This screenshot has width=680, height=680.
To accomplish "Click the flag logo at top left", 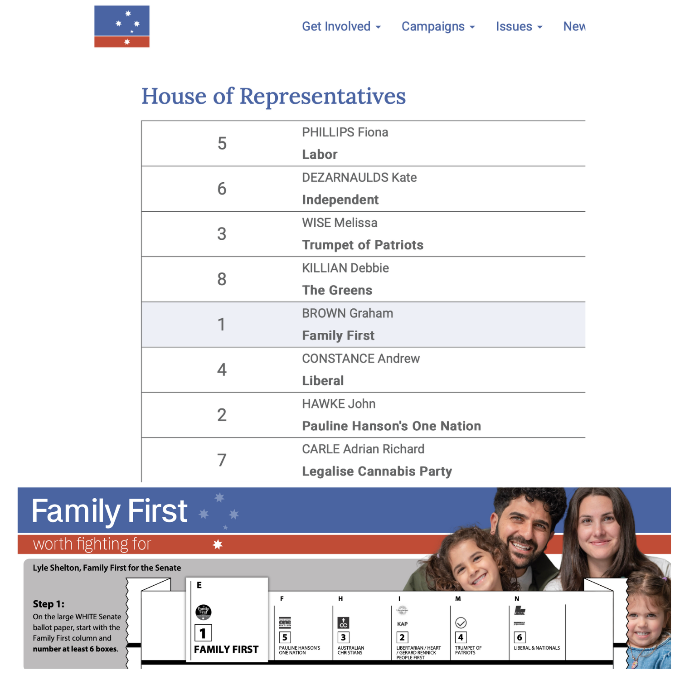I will tap(121, 26).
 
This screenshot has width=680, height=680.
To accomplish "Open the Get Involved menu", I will tap(341, 26).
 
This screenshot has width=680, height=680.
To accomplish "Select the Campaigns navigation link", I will tap(437, 26).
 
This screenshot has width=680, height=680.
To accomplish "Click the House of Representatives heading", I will tap(273, 96).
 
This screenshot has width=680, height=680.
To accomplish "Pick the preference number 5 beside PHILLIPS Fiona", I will tap(222, 143).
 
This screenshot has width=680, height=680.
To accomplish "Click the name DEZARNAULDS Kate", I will tap(359, 177).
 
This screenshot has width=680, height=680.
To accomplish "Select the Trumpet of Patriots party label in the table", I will tap(362, 245).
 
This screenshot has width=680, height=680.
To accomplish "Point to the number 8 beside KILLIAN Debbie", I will tap(222, 279).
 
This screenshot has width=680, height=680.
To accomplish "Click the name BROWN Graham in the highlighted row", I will tap(347, 313).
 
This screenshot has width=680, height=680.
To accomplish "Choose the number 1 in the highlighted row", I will tap(222, 325).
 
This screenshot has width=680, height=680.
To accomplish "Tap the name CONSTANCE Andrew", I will tap(360, 359).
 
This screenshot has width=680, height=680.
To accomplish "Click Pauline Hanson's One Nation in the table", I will tap(391, 426).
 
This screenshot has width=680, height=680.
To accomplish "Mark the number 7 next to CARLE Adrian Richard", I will tap(222, 461).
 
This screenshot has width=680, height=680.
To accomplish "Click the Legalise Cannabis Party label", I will tap(377, 471).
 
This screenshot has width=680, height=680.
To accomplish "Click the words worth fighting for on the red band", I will tap(92, 544).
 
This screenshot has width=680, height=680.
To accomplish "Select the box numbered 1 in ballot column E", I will tap(203, 633).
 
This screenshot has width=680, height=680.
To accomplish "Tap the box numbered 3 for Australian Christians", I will tap(343, 637).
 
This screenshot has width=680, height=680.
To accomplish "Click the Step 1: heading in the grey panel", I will tap(49, 604).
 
